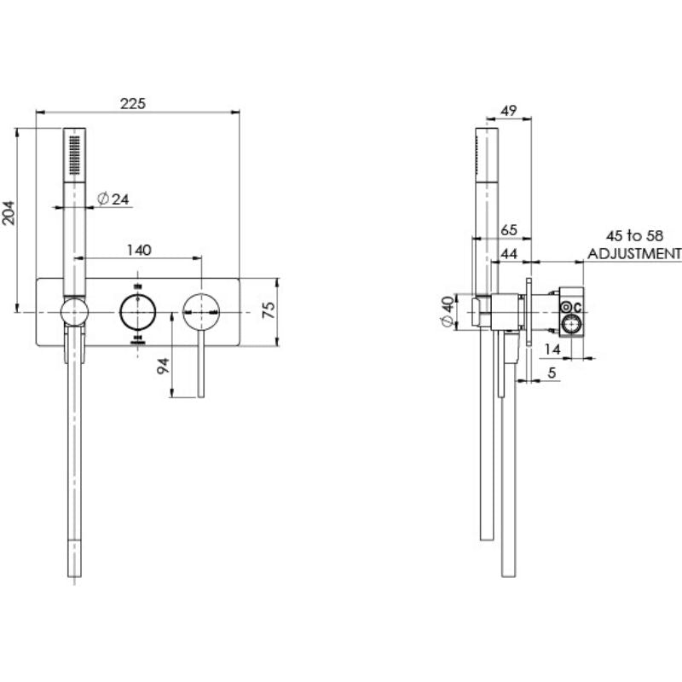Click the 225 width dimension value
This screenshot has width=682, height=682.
[x=132, y=103]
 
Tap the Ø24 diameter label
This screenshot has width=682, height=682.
[x=113, y=199]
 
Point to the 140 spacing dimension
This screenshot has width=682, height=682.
[x=138, y=250]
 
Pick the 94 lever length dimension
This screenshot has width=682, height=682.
[x=165, y=367]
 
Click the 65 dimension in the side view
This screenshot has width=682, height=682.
[x=509, y=230]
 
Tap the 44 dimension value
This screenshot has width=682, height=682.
[x=509, y=253]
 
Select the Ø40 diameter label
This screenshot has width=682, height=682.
[x=446, y=312]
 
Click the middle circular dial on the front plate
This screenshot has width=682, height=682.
[x=138, y=311]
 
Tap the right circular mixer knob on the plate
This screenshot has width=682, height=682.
[x=201, y=311]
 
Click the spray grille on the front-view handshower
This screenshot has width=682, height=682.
[x=75, y=153]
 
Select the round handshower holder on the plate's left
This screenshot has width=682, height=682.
[x=74, y=312]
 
